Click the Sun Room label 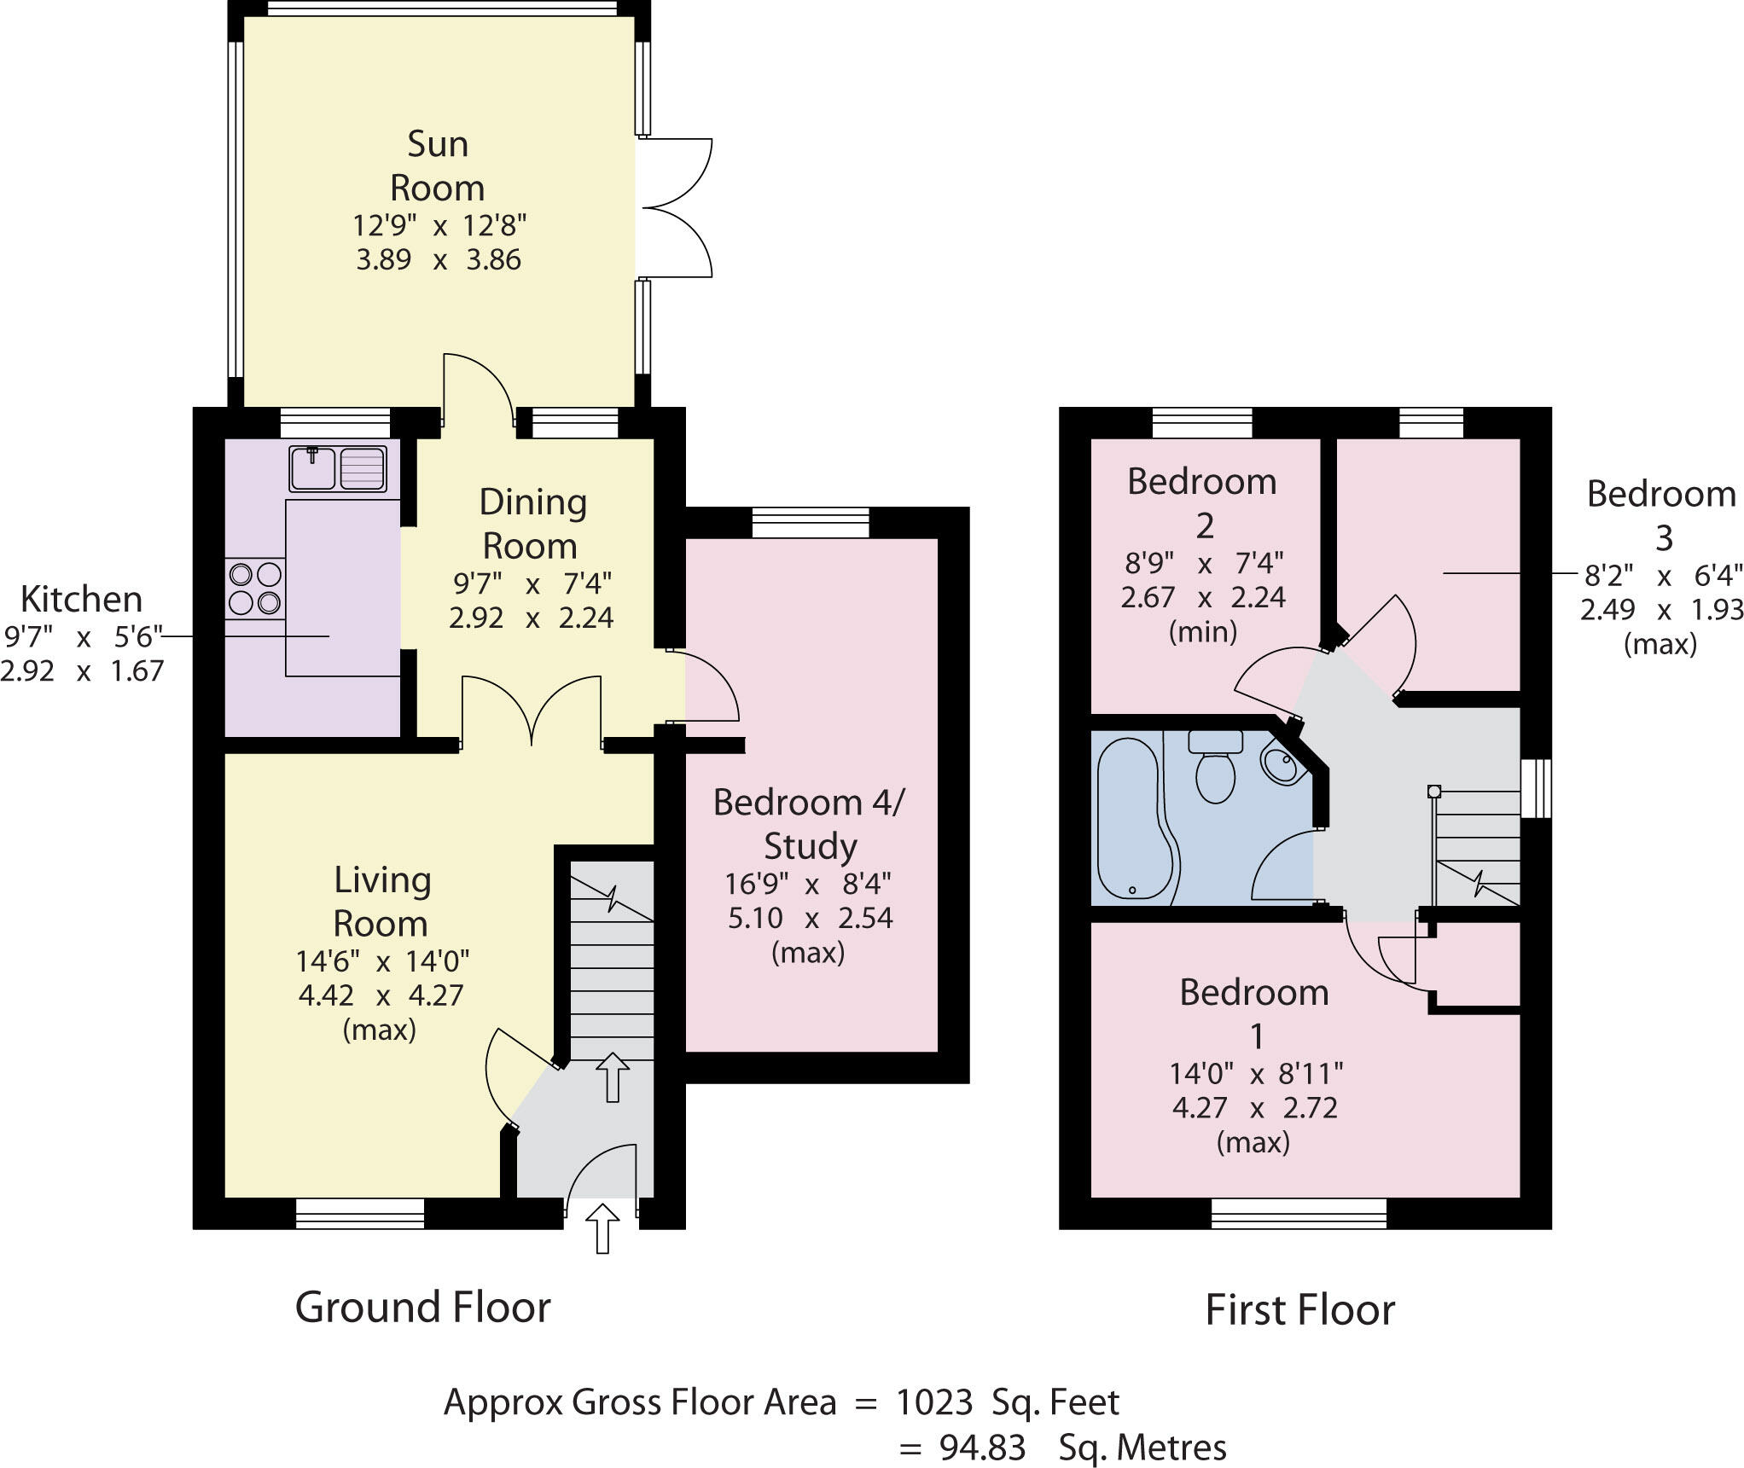[x=438, y=165]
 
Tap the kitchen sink [x=338, y=468]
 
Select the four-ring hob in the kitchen [x=255, y=588]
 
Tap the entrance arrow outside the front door [x=602, y=1228]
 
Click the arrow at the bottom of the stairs [x=611, y=1076]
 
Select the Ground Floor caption [x=422, y=1308]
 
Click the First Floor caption [x=1299, y=1310]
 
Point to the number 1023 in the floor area [x=934, y=1402]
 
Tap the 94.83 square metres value [x=982, y=1448]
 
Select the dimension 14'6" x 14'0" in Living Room [x=382, y=962]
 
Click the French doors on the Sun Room [x=674, y=208]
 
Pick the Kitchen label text [x=81, y=600]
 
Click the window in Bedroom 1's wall [x=1299, y=1213]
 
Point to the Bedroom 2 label [x=1202, y=503]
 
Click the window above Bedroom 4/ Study [x=810, y=523]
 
